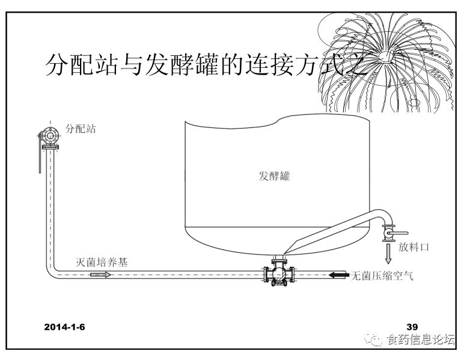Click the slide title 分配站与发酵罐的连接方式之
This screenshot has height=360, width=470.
tap(204, 65)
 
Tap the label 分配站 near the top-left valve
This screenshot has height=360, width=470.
tap(81, 129)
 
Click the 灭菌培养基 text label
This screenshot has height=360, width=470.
tap(101, 262)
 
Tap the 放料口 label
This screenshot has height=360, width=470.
tap(414, 247)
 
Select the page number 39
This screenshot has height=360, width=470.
tap(412, 327)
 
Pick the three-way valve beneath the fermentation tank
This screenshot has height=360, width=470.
tap(277, 276)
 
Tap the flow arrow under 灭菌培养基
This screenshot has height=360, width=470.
tap(100, 275)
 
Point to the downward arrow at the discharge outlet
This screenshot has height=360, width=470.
tap(388, 253)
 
